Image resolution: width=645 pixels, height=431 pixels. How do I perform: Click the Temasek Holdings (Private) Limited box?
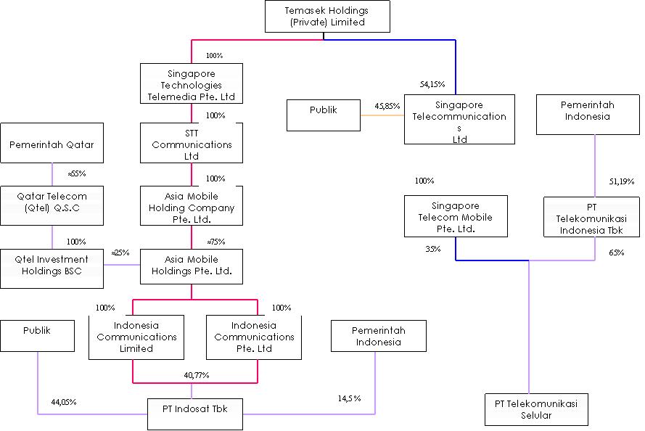[x=327, y=17]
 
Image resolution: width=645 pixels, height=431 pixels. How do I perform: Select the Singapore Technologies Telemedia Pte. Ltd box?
[x=192, y=84]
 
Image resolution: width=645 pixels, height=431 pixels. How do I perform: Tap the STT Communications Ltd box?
[x=192, y=144]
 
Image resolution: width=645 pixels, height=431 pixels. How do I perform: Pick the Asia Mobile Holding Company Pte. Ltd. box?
[x=192, y=207]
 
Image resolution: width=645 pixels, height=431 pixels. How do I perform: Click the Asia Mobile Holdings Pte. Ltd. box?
[x=192, y=266]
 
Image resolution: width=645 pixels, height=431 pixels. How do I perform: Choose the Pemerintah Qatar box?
[x=52, y=144]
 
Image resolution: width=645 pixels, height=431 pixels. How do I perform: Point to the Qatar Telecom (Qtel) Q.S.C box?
[x=52, y=206]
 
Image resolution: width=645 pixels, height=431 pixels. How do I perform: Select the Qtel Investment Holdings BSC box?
[x=52, y=266]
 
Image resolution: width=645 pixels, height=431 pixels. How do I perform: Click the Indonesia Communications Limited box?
[x=136, y=337]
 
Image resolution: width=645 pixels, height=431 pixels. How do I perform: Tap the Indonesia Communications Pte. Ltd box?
[x=254, y=337]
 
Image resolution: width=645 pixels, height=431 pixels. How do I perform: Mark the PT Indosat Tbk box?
[x=195, y=409]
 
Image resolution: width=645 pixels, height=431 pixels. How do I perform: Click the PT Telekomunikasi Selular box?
[x=536, y=409]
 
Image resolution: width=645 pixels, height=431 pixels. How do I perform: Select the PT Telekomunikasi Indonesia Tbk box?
[x=593, y=217]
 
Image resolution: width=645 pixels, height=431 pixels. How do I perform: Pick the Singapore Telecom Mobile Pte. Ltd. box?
[x=455, y=217]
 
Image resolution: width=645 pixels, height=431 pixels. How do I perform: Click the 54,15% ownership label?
[x=432, y=84]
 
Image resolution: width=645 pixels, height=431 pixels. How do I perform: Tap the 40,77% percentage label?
[x=197, y=375]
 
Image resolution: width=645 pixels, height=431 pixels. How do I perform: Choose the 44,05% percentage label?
[x=64, y=401]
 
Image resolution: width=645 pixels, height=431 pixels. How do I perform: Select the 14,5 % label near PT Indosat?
[x=349, y=398]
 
